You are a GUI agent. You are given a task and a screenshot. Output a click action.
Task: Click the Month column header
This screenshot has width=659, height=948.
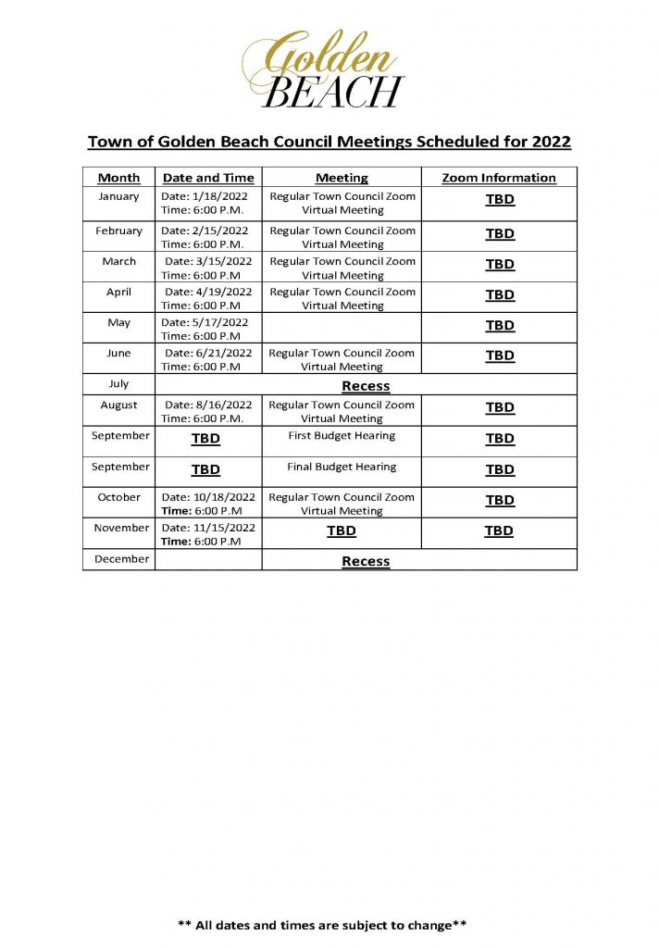118,178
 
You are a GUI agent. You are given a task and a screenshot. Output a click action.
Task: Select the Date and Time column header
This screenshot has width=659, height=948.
208,178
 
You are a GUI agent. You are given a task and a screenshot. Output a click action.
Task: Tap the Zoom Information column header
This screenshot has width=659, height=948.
499,178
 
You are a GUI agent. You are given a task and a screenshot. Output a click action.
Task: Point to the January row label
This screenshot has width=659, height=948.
118,196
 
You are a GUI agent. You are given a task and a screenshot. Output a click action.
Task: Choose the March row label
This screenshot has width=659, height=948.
118,261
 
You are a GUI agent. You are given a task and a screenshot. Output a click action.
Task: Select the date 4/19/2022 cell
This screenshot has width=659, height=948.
207,298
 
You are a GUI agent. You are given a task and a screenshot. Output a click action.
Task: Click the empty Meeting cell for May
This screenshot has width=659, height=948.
342,329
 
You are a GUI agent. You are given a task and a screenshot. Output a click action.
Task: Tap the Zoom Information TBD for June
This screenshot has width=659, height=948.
500,355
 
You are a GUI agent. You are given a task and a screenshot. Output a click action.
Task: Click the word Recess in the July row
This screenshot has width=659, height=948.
366,386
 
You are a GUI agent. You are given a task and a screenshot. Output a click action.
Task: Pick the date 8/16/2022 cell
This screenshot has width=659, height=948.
207,412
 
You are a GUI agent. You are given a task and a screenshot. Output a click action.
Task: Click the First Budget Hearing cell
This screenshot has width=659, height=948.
342,436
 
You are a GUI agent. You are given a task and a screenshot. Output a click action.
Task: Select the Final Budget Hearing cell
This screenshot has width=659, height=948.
342,468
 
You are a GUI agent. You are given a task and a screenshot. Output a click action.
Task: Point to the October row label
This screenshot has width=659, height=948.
118,497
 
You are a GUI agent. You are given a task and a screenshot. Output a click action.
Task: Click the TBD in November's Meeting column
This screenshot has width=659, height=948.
342,531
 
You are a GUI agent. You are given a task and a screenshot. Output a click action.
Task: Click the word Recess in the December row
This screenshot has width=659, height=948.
366,561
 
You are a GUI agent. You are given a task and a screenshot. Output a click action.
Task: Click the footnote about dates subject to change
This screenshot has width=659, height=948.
322,925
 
